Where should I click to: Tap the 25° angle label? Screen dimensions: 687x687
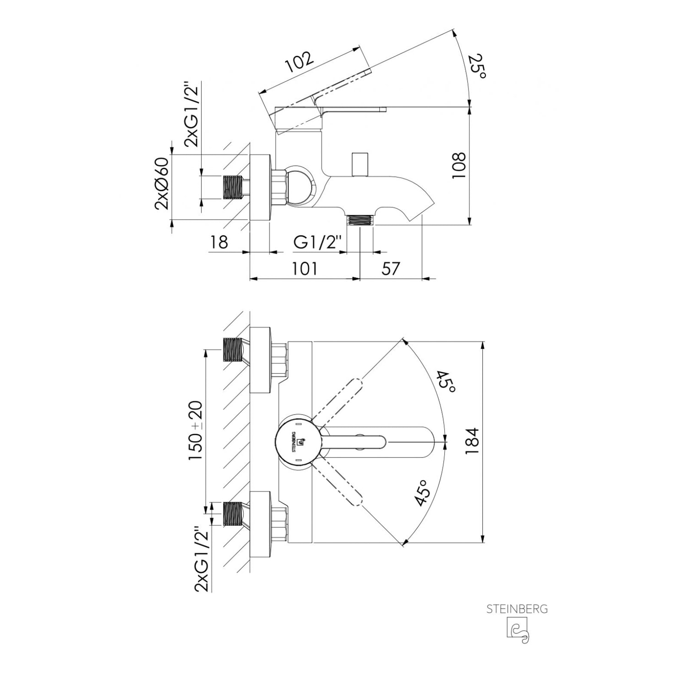(x=478, y=66)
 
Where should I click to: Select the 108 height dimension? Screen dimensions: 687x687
(x=458, y=166)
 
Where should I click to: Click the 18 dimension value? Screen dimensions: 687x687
(x=219, y=242)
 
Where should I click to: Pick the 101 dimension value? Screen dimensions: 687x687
(x=304, y=268)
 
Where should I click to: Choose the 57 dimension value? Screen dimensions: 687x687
(x=391, y=268)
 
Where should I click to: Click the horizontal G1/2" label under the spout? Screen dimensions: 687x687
(x=318, y=242)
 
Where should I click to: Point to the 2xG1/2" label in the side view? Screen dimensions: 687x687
(x=192, y=114)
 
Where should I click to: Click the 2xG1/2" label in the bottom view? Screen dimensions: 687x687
(x=202, y=560)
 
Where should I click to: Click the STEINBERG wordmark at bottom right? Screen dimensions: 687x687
(x=517, y=609)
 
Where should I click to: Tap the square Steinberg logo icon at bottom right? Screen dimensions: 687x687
(x=518, y=630)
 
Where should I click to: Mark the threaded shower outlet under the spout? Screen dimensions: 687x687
(x=360, y=220)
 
